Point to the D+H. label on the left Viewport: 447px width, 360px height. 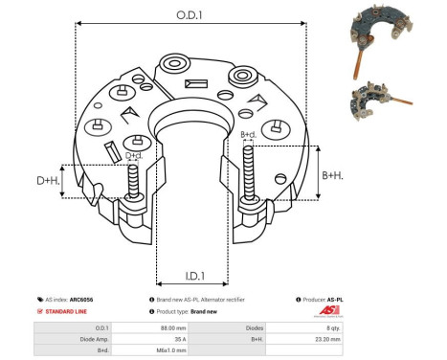(x=46, y=180)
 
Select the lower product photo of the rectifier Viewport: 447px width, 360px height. (x=383, y=95)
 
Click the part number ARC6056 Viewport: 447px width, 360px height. (x=96, y=300)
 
